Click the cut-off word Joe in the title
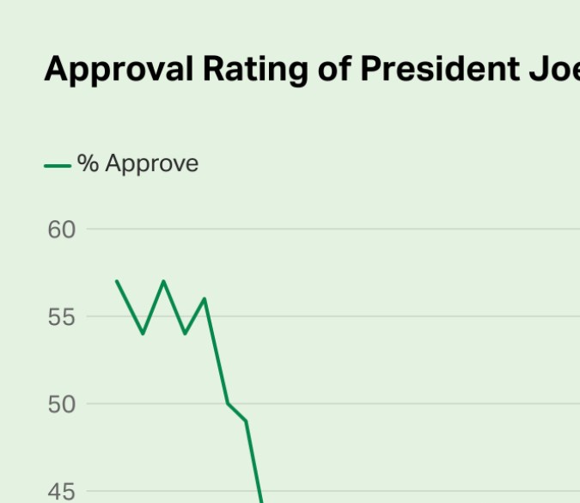[555, 69]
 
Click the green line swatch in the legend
[58, 165]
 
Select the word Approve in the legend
[152, 164]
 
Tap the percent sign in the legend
[88, 163]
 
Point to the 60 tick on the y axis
[62, 230]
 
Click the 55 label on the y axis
[62, 317]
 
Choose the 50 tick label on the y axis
[62, 404]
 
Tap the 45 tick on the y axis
[62, 492]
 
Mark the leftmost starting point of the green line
[116, 281]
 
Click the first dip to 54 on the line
[143, 334]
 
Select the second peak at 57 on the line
[163, 281]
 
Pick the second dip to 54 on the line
[185, 334]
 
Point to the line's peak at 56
[205, 298]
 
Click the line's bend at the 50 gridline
[228, 403]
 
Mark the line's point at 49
[247, 420]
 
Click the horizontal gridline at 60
[344, 230]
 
